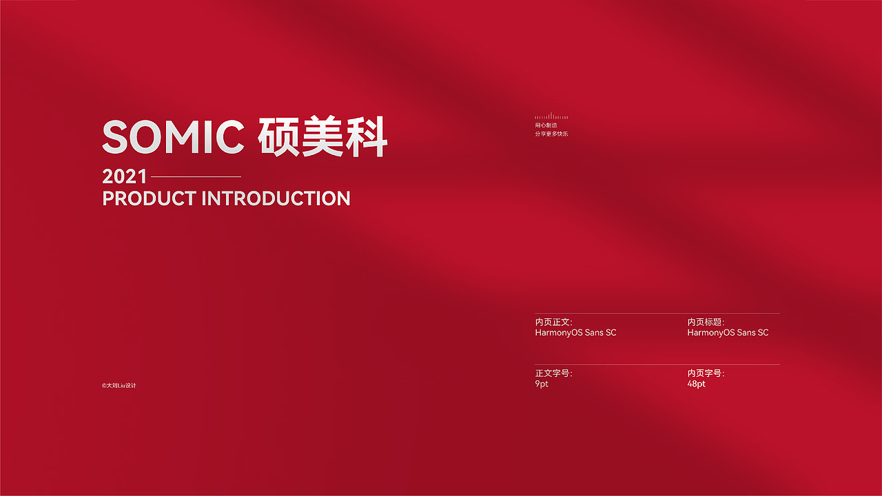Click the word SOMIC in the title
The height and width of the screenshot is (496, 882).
pos(173,137)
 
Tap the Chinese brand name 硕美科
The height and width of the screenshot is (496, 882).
pos(322,137)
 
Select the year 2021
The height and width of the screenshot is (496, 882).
pos(124,176)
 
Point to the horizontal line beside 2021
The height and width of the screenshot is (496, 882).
pos(196,177)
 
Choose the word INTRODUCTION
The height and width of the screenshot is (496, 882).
pos(276,198)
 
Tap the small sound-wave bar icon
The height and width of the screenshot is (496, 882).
pos(551,116)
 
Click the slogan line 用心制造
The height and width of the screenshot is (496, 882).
pos(546,125)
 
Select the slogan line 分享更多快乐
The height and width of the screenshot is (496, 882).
pos(551,134)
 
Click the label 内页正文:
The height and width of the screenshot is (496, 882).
pos(553,322)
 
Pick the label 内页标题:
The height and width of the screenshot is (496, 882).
pos(706,322)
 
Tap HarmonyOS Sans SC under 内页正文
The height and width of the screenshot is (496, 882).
pos(575,333)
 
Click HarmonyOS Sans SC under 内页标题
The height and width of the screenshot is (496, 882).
pos(728,333)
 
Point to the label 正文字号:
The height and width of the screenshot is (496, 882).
pos(553,373)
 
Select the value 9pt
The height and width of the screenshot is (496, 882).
pos(542,384)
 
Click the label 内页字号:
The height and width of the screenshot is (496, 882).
pos(706,373)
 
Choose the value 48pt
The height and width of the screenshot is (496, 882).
pos(696,384)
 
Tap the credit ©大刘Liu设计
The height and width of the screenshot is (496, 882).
pos(119,386)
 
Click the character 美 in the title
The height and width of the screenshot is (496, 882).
pos(322,137)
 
